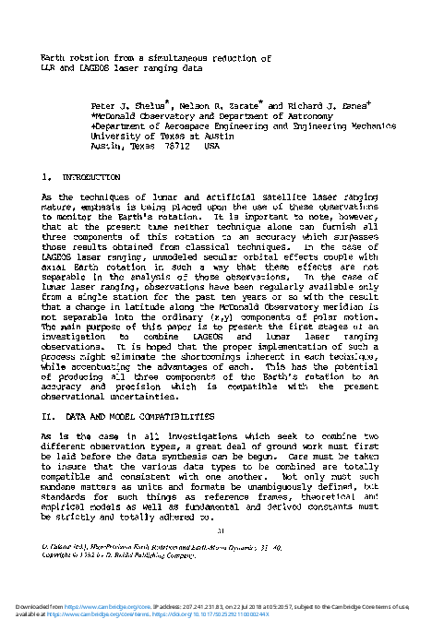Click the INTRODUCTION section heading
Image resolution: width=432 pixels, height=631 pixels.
tap(89, 176)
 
